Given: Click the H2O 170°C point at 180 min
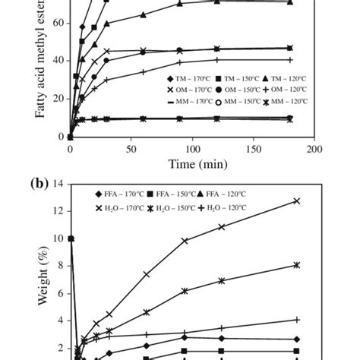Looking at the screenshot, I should coord(297,201).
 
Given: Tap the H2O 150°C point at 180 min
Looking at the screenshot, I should coord(297,265).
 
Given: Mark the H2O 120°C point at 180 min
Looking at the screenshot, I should coord(297,320).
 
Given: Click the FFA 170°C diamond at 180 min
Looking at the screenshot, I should coord(297,339).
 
